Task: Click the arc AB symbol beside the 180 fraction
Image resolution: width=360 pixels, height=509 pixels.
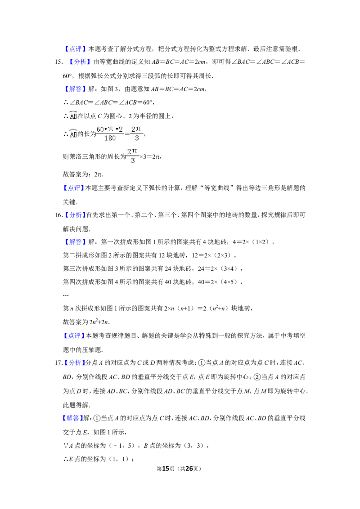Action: click(x=74, y=134)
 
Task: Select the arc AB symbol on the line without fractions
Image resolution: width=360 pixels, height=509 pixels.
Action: click(x=74, y=115)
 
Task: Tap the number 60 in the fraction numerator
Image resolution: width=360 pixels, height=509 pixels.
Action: click(x=100, y=129)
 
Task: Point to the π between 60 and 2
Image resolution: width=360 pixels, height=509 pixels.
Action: click(x=110, y=129)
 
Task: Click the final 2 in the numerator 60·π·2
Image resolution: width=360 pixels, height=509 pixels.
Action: click(x=121, y=129)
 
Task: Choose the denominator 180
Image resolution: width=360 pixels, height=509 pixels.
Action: click(x=110, y=138)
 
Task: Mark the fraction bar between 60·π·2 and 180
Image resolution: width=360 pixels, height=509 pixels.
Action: click(x=110, y=134)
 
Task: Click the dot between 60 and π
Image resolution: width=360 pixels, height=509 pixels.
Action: click(x=106, y=129)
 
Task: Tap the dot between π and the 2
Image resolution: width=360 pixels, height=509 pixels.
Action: click(x=116, y=129)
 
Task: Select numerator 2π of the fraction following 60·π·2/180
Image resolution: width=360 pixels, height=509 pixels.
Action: click(x=136, y=129)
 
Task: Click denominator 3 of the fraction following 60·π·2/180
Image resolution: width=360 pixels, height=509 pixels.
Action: click(x=137, y=138)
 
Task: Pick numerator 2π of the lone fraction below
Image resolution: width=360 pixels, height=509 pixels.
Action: click(x=132, y=152)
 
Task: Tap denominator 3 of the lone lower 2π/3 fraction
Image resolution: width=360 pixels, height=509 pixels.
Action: click(x=132, y=161)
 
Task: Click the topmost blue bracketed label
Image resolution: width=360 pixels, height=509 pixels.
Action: click(x=75, y=49)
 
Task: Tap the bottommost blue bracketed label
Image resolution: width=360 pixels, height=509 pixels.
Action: click(x=72, y=419)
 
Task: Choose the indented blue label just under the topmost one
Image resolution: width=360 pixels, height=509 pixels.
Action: click(x=80, y=62)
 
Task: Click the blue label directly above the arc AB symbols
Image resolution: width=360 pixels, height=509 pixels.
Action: click(x=75, y=89)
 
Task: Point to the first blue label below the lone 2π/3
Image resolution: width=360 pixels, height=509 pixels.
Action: click(x=74, y=188)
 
